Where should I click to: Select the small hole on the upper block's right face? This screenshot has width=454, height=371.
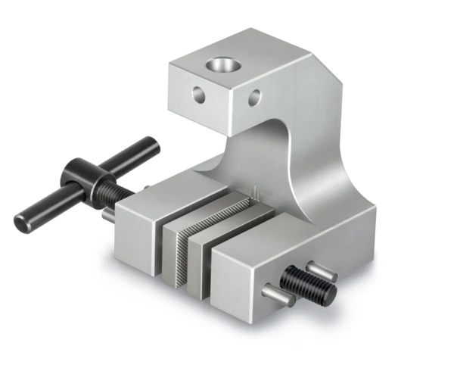coord(254,96)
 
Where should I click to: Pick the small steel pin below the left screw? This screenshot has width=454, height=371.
coord(108,215)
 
